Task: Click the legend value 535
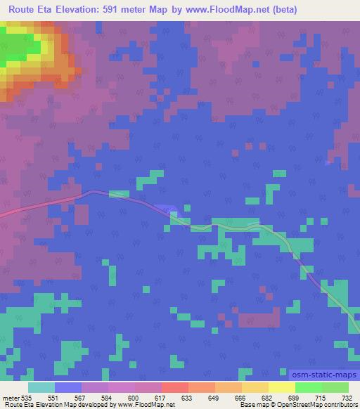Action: point(27,398)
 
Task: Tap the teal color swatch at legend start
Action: point(41,387)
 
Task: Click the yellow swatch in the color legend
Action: point(281,387)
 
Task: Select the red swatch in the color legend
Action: point(174,387)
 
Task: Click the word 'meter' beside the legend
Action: point(11,398)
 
